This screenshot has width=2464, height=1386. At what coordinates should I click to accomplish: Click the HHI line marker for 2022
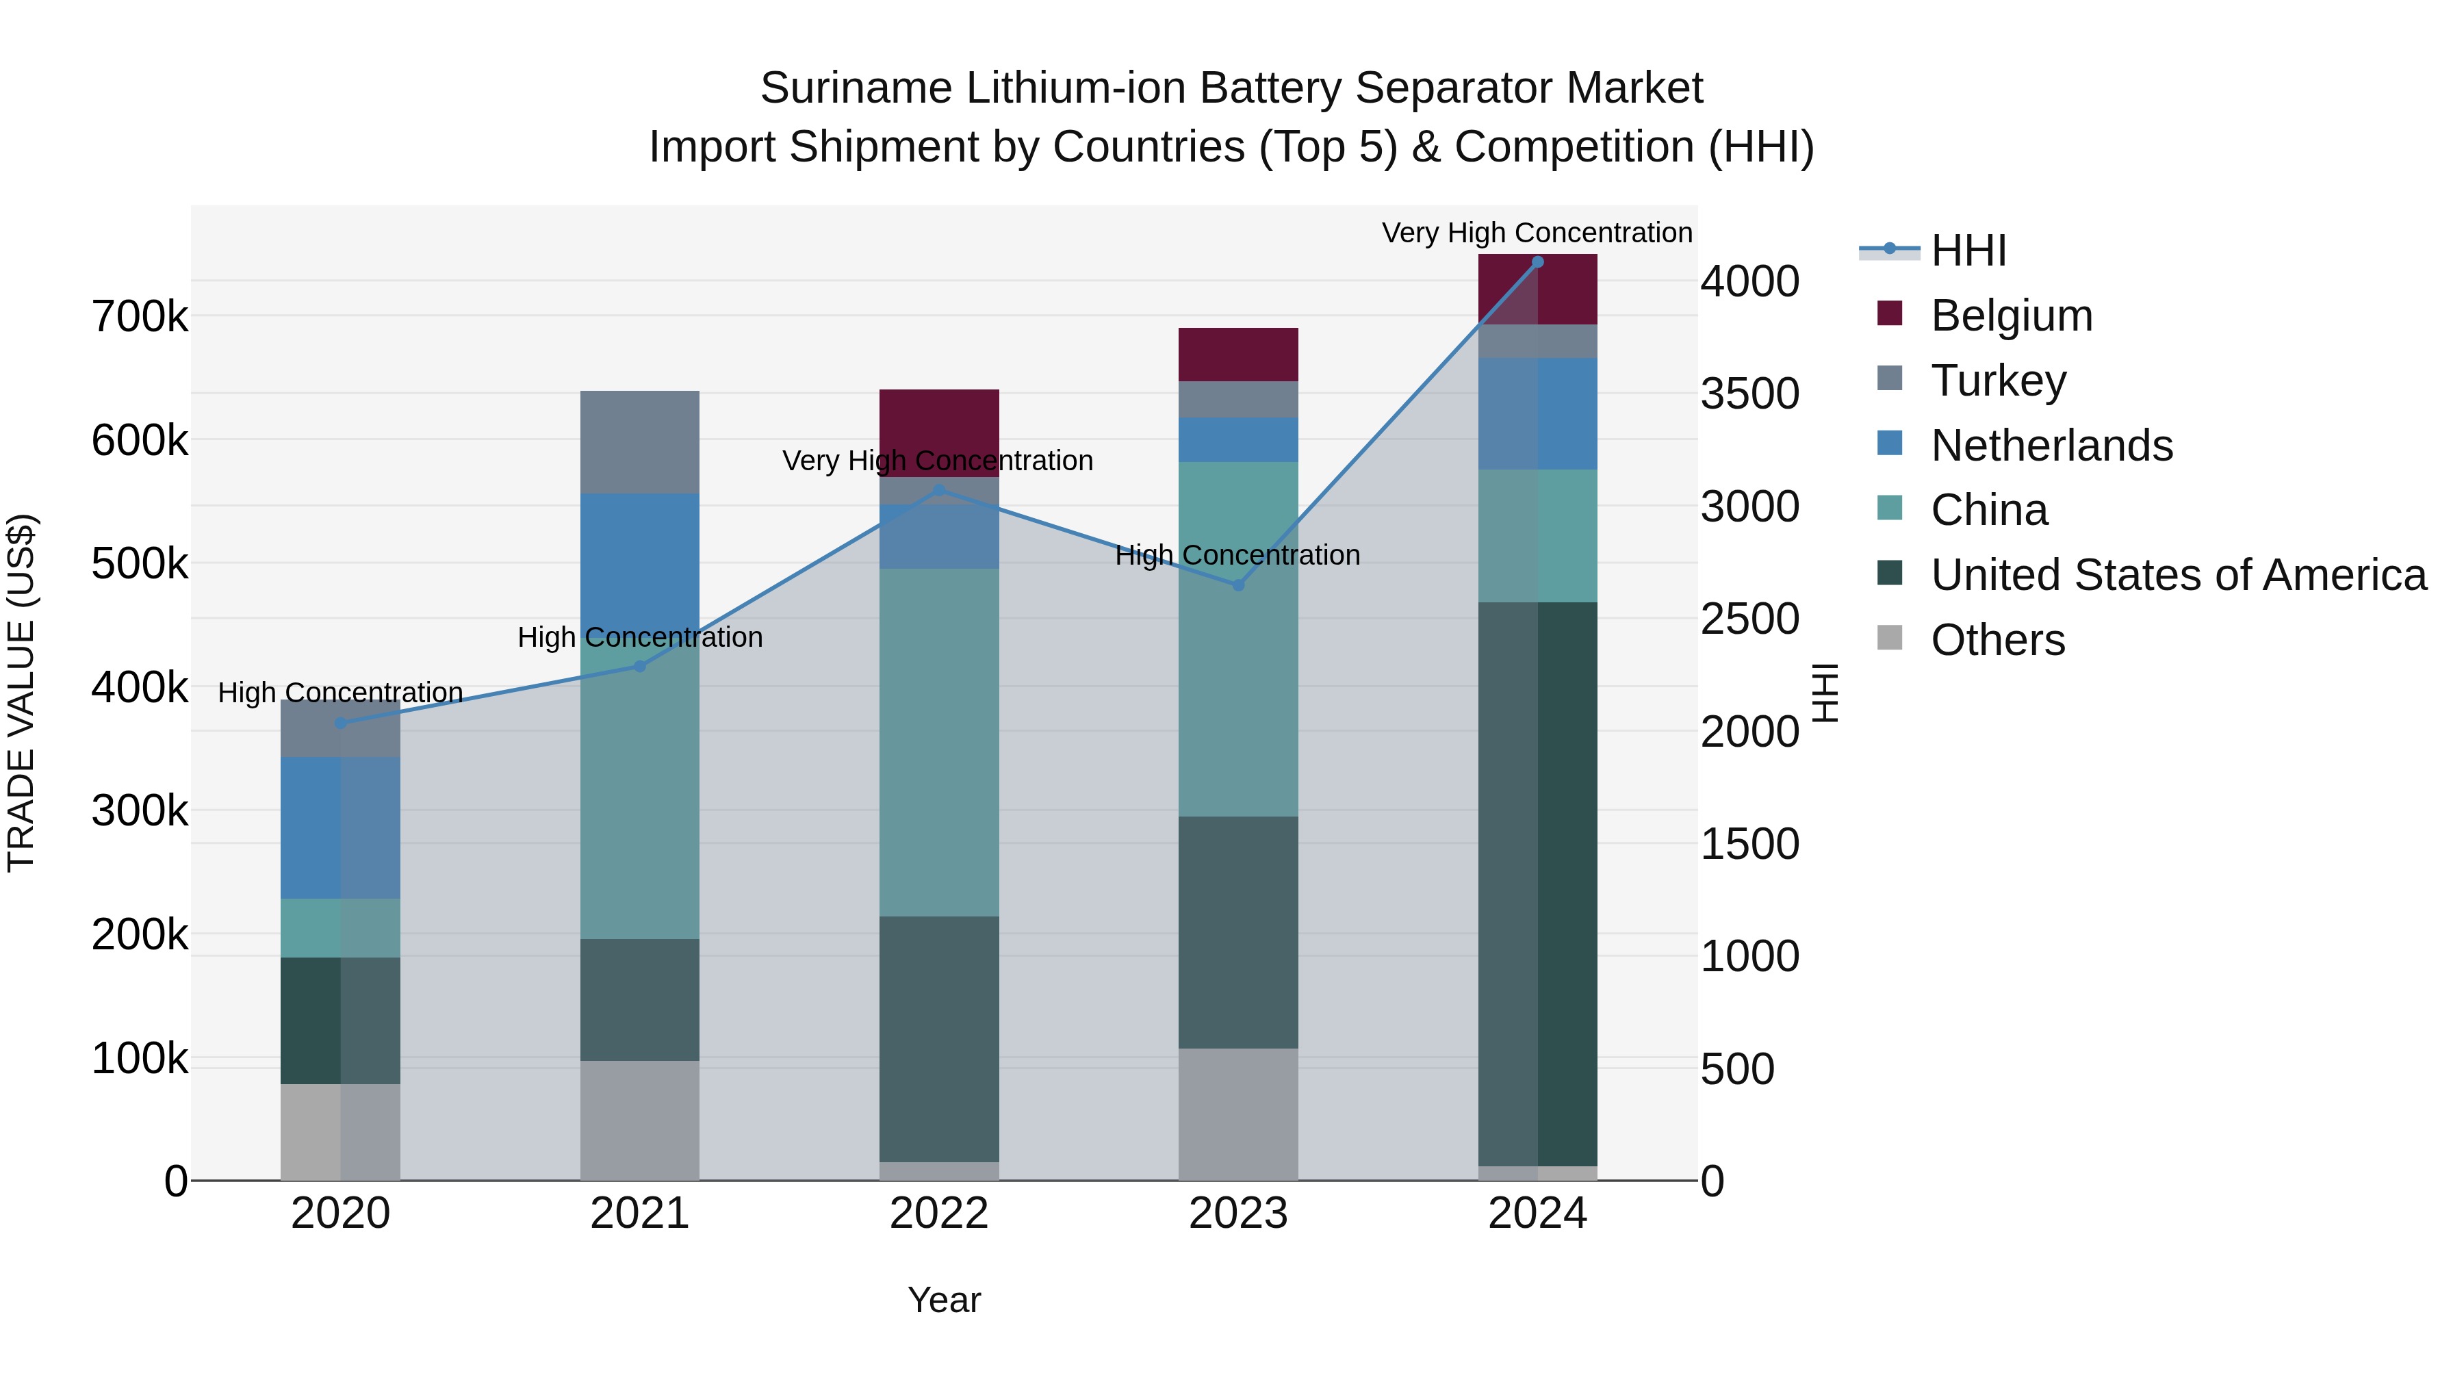(x=939, y=491)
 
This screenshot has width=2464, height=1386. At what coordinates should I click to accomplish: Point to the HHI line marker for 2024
(x=1538, y=262)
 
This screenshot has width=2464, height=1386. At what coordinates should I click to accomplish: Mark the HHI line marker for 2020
(x=341, y=723)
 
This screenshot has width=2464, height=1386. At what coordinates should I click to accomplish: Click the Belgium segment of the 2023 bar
(x=1237, y=355)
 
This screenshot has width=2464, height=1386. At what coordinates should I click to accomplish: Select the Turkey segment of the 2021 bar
(x=640, y=442)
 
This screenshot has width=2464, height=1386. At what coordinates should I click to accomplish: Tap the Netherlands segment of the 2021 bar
(x=640, y=560)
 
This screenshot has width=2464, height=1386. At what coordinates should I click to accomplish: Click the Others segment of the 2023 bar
(x=1237, y=1114)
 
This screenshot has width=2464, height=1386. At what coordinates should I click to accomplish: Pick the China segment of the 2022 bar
(x=939, y=742)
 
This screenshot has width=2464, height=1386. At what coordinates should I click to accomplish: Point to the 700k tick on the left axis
(x=140, y=317)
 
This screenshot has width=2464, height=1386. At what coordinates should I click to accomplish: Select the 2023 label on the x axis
(x=1237, y=1214)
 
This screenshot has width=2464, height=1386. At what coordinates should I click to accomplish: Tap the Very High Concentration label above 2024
(x=1537, y=233)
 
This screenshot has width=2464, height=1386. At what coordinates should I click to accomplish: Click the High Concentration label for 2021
(x=640, y=637)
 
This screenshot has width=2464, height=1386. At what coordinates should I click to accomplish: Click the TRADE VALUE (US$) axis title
(x=21, y=693)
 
